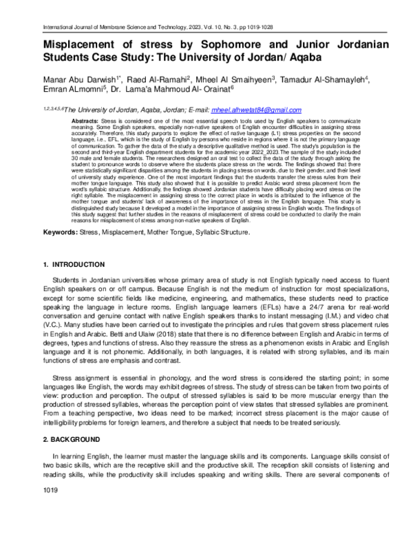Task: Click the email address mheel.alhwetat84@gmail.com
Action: pos(256,110)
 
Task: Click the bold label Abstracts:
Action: pos(69,121)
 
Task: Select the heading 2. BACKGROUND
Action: pos(59,420)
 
